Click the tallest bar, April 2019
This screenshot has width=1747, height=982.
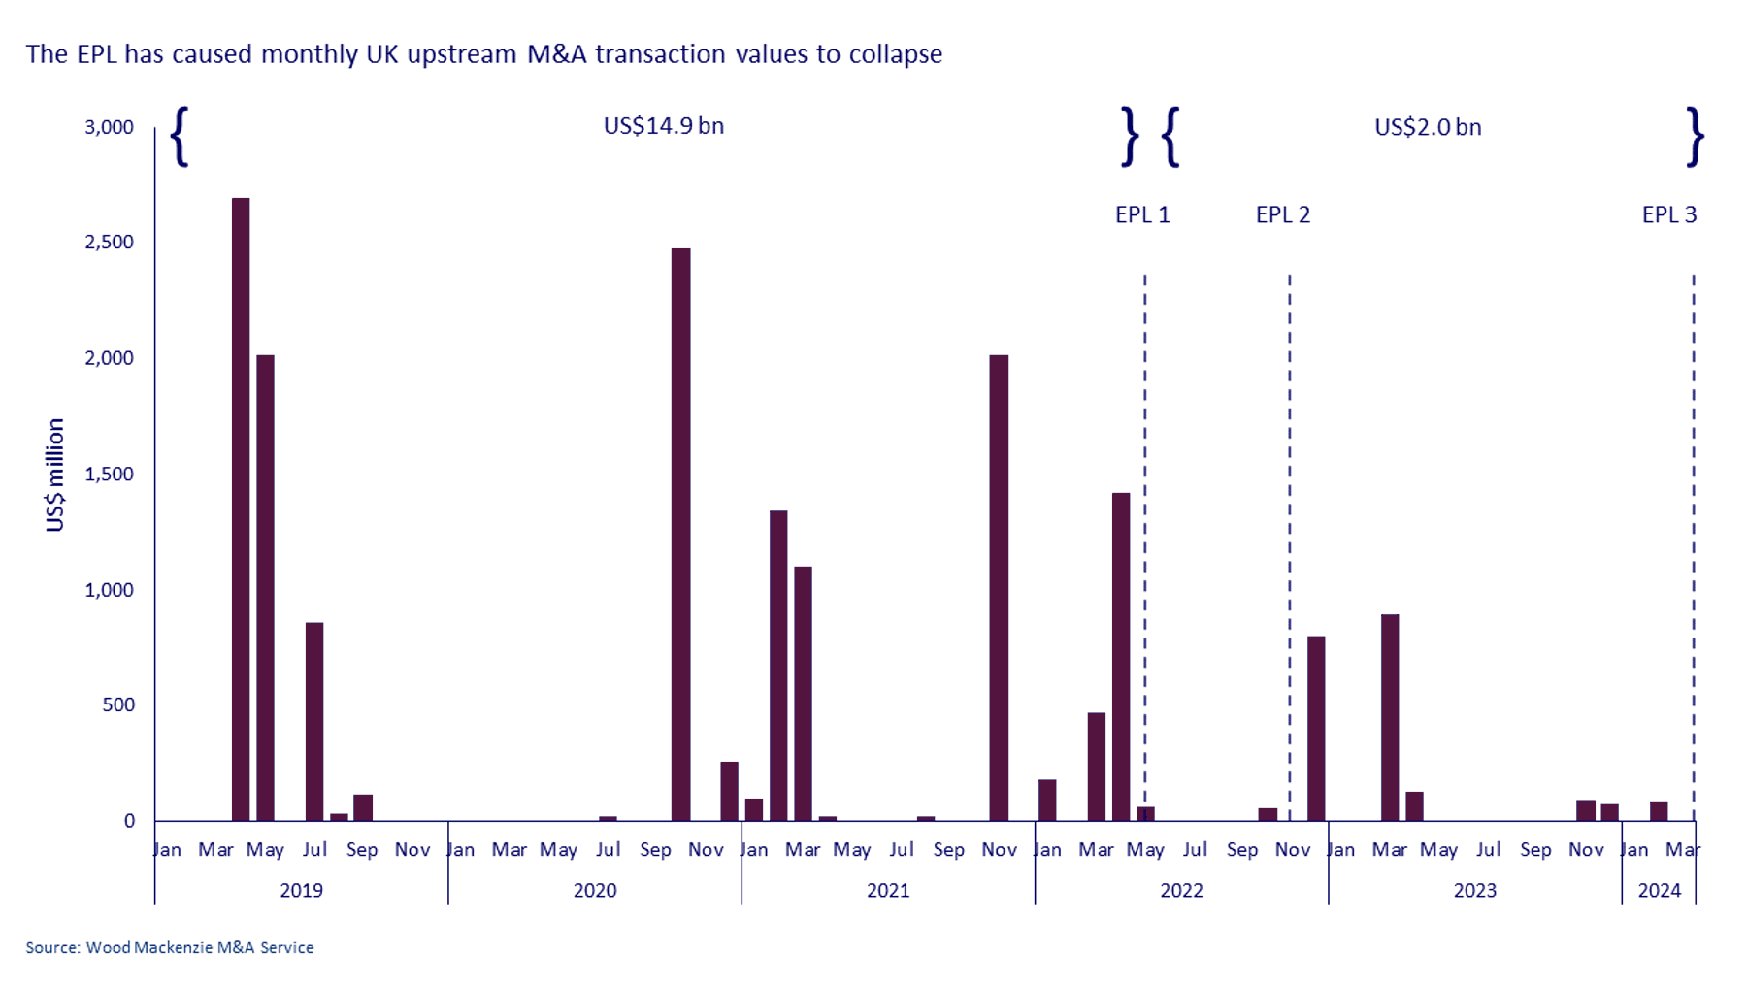click(241, 509)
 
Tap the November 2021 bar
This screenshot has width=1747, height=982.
click(999, 588)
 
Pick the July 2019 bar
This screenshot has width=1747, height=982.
click(314, 722)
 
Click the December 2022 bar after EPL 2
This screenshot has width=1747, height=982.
click(1316, 729)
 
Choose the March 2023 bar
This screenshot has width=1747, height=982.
click(1390, 718)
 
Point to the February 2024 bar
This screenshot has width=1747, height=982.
click(1659, 811)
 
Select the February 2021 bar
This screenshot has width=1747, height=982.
click(778, 666)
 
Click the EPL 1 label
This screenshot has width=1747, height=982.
click(1142, 214)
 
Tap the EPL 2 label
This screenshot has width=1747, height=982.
click(1283, 214)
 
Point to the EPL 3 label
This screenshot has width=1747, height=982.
click(1669, 214)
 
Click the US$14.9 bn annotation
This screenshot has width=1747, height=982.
click(664, 126)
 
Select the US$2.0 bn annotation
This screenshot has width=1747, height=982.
click(1428, 127)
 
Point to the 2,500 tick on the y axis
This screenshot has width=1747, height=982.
click(110, 242)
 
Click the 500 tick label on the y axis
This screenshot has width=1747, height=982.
click(118, 704)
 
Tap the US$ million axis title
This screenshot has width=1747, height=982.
click(55, 475)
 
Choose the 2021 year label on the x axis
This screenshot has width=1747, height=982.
click(888, 890)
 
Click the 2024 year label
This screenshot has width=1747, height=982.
click(1659, 890)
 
